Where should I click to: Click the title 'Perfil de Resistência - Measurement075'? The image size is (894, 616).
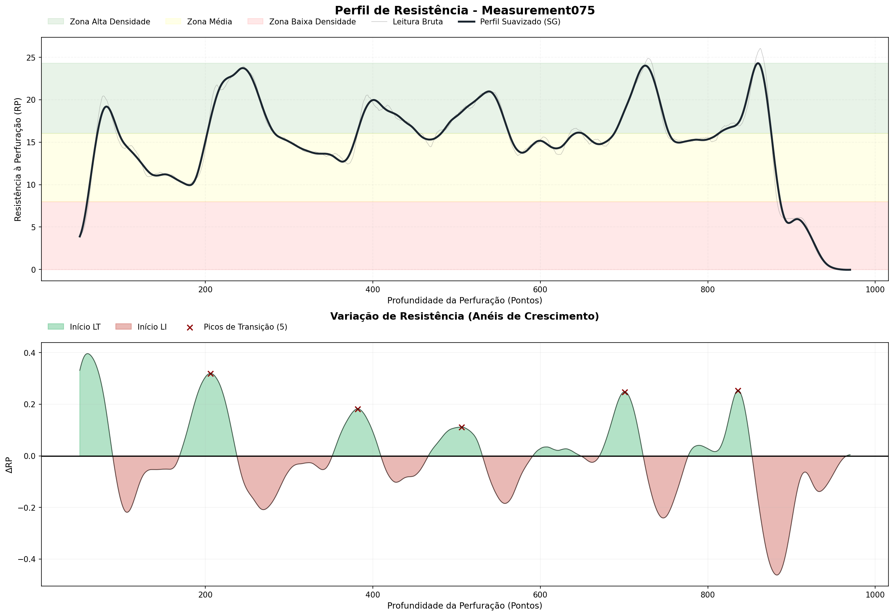click(465, 10)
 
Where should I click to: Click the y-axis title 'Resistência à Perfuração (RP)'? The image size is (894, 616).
click(18, 159)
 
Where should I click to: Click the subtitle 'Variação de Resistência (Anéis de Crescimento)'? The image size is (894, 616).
click(465, 316)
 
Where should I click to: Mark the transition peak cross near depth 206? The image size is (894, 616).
click(210, 374)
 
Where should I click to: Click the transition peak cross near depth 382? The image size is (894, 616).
click(358, 409)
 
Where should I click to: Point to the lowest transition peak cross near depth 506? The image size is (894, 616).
click(462, 427)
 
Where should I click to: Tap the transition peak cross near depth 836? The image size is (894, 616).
click(738, 391)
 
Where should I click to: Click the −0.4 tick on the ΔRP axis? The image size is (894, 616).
click(27, 559)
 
